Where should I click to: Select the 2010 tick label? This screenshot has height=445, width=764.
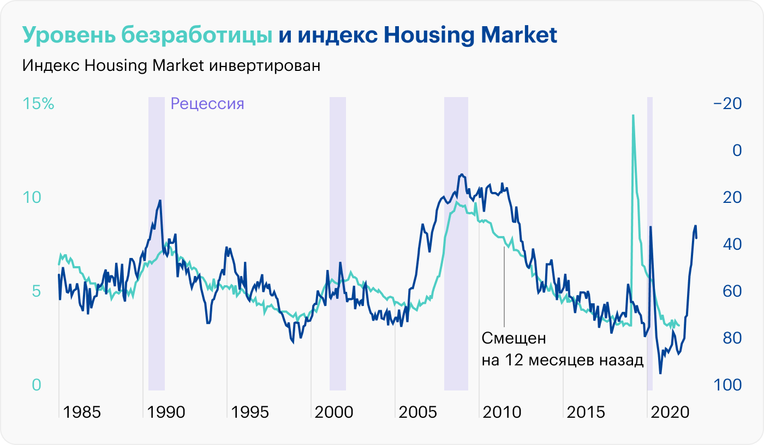click(502, 412)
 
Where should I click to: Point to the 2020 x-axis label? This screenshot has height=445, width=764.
click(671, 412)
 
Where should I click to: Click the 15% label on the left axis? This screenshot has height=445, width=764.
click(38, 104)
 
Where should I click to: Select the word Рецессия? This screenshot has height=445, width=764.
click(207, 104)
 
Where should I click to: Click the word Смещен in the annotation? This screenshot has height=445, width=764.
click(514, 338)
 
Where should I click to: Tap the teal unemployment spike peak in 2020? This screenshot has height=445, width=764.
click(633, 116)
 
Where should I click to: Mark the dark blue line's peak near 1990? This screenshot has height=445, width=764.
click(160, 201)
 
